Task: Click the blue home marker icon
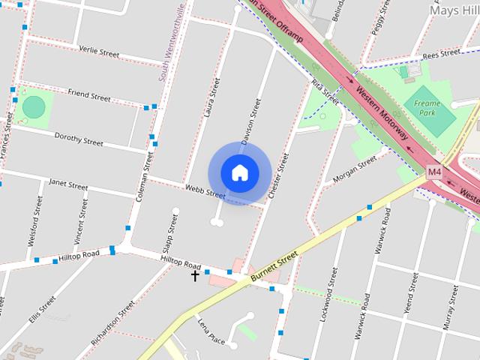click(239, 172)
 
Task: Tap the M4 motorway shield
click(434, 172)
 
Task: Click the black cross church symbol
click(195, 276)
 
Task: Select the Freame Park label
click(427, 107)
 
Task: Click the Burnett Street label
click(274, 267)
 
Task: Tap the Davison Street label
click(251, 120)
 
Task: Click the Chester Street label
click(278, 175)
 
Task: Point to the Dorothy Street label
click(79, 138)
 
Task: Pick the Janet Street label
click(68, 182)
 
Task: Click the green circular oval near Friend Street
click(34, 107)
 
